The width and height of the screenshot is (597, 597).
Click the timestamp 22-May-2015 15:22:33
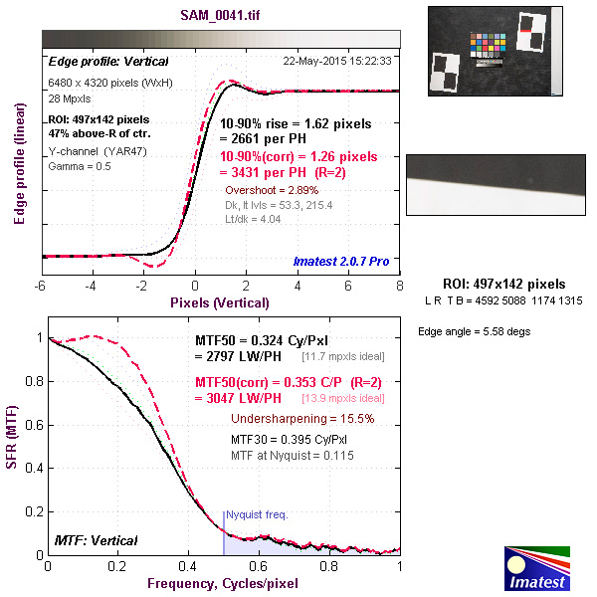click(x=337, y=61)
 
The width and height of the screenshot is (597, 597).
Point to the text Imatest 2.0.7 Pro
click(x=340, y=261)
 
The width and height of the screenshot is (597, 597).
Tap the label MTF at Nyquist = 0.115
click(x=292, y=455)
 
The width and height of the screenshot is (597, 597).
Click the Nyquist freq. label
click(x=257, y=515)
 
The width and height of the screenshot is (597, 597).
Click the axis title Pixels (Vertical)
click(x=220, y=301)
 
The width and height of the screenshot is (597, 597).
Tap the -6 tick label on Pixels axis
click(x=41, y=285)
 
